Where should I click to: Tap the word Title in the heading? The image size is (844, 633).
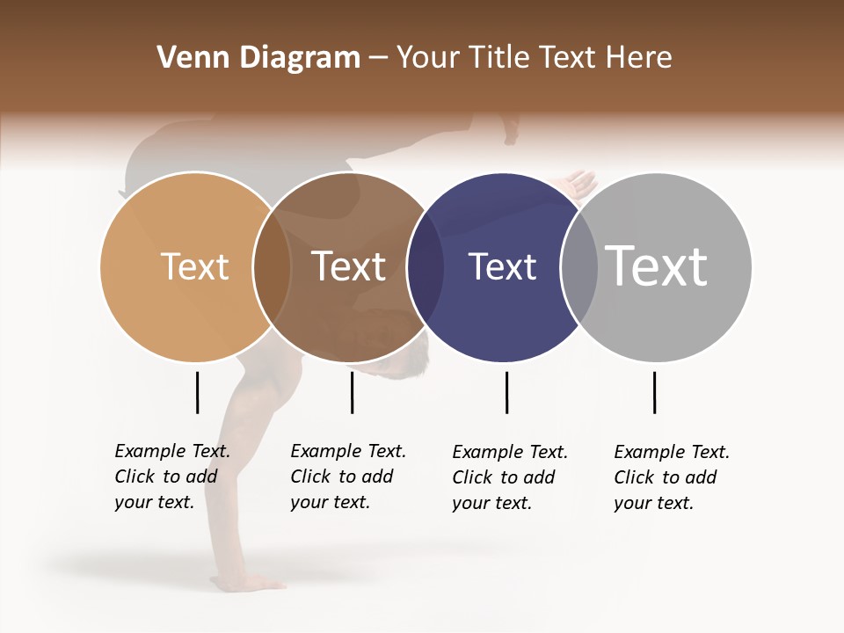(x=498, y=58)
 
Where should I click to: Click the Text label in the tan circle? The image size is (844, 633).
(x=194, y=266)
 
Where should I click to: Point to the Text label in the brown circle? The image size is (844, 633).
(x=348, y=266)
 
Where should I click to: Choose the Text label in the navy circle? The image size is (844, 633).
(x=502, y=267)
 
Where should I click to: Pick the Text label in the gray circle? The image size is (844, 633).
(x=656, y=266)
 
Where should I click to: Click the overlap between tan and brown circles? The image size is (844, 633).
(x=272, y=267)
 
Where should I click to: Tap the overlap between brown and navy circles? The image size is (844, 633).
(x=426, y=267)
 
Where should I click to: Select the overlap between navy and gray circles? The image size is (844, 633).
(x=578, y=267)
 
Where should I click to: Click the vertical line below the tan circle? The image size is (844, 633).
(x=197, y=392)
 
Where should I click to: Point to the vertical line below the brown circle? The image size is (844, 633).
(x=352, y=392)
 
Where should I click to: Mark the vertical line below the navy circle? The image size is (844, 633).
(x=506, y=392)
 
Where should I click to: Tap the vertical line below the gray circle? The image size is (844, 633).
(x=654, y=392)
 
